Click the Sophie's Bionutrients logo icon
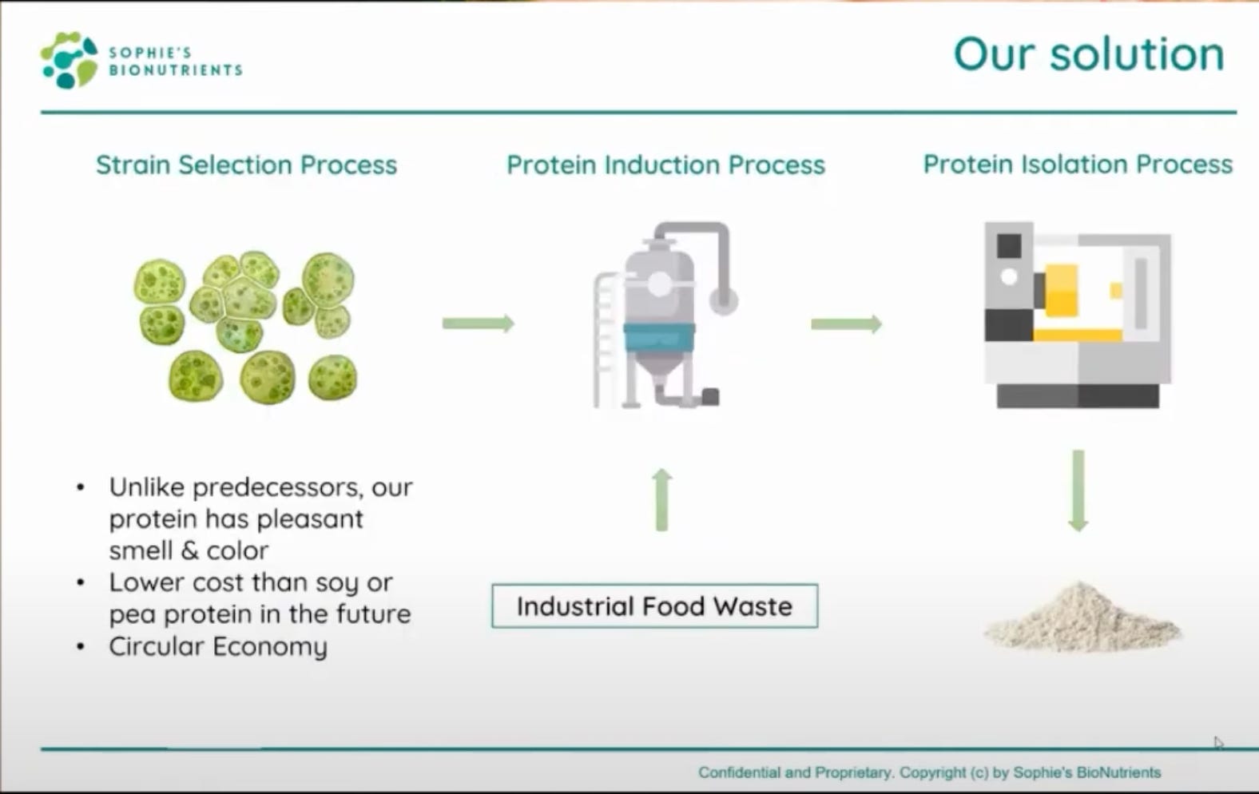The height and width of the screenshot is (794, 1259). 69,60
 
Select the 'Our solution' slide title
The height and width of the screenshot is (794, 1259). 1088,54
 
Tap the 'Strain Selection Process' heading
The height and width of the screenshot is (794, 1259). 246,165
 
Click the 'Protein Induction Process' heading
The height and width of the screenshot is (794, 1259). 665,165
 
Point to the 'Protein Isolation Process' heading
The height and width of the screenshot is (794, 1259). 1078,164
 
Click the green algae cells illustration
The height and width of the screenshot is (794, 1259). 246,326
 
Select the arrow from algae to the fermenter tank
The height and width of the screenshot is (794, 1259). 478,324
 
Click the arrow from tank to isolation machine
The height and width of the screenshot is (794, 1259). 846,324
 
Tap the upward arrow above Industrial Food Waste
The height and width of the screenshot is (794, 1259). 661,500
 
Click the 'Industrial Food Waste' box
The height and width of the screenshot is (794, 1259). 654,606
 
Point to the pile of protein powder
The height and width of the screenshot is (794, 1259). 1082,618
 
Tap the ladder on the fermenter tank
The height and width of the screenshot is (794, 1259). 606,339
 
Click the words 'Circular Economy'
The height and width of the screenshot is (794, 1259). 218,646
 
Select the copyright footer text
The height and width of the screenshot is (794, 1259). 929,772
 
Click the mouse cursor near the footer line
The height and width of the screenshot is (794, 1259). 1217,744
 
